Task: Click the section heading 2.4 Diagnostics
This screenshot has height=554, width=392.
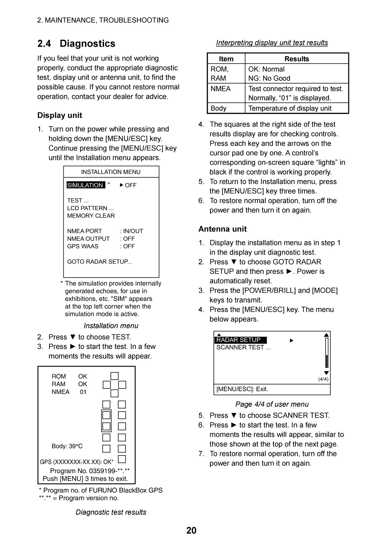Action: pyautogui.click(x=76, y=44)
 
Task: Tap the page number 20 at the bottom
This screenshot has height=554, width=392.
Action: pyautogui.click(x=191, y=530)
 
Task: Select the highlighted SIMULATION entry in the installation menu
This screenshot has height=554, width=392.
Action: pyautogui.click(x=86, y=185)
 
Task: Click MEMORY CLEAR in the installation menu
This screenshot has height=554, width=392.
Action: pyautogui.click(x=91, y=216)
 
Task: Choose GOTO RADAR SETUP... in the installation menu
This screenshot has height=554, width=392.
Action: pyautogui.click(x=100, y=262)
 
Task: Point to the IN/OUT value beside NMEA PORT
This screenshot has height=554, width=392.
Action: pyautogui.click(x=132, y=231)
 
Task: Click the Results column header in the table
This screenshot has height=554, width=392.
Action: pyautogui.click(x=296, y=59)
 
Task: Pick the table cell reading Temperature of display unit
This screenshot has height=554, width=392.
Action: pyautogui.click(x=290, y=108)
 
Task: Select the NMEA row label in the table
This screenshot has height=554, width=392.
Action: pyautogui.click(x=221, y=89)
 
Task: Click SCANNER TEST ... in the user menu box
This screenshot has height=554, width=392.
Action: pyautogui.click(x=243, y=348)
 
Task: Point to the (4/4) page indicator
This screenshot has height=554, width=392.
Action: pyautogui.click(x=323, y=379)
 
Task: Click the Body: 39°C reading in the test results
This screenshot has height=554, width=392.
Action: pyautogui.click(x=67, y=446)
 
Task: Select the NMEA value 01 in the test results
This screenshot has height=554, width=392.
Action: pyautogui.click(x=83, y=392)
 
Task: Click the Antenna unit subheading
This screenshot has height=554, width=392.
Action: pyautogui.click(x=222, y=229)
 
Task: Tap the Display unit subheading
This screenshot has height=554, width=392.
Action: pyautogui.click(x=60, y=115)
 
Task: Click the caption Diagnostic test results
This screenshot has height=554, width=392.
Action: pyautogui.click(x=111, y=512)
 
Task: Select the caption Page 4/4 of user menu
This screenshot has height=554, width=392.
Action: pyautogui.click(x=272, y=404)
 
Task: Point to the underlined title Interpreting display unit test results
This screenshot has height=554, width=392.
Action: pyautogui.click(x=272, y=43)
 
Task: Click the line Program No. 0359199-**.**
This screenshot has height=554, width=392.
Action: pyautogui.click(x=90, y=471)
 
